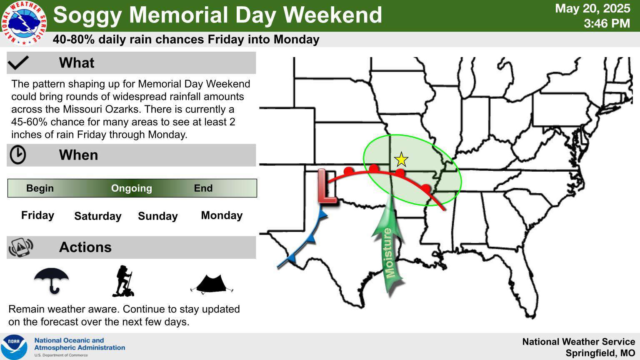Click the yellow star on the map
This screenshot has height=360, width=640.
pos(401,160)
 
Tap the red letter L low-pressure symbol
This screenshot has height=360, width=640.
pos(327,186)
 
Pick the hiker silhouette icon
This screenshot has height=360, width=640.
pos(123,281)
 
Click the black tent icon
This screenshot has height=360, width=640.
pos(212,284)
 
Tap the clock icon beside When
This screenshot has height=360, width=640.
pos(18,155)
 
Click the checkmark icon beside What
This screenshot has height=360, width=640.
pos(18,63)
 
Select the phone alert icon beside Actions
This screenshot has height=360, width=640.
pos(21,247)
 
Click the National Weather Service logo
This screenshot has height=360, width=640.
pos(24,23)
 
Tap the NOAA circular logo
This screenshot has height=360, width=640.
pos(14,347)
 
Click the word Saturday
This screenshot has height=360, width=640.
pos(98,216)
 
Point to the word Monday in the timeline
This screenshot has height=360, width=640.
pos(222,215)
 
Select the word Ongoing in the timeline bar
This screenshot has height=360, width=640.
pos(131,188)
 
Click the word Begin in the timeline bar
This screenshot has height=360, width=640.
pos(40,188)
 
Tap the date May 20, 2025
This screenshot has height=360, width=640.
pos(592,8)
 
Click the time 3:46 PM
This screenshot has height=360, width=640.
pos(607,23)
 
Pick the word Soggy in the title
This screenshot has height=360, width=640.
pos(87,15)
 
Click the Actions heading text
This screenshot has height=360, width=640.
pos(85,247)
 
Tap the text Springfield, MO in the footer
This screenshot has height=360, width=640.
pos(600,353)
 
